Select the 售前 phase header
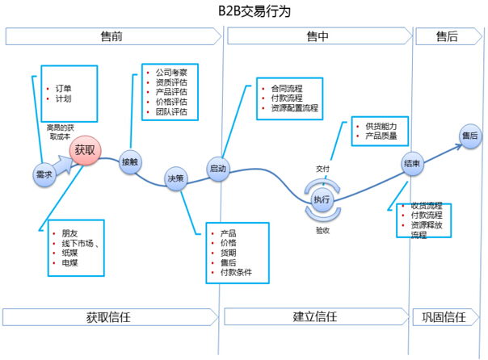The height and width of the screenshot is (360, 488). point(112,37)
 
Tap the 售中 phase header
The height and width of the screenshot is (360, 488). point(318,37)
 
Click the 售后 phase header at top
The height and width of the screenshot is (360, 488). point(447,37)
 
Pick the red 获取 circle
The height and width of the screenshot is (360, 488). point(85,150)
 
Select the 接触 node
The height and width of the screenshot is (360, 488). point(130,161)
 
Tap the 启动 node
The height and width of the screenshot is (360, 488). point(218,169)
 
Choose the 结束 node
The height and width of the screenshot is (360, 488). point(411,165)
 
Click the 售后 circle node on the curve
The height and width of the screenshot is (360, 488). point(469,136)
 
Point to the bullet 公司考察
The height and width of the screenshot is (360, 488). point(170,72)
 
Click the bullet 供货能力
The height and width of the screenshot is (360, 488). point(381,128)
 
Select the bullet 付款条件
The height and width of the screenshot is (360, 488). point(235,273)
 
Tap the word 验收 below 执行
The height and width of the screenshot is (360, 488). point(322,230)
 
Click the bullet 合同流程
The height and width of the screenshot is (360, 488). point(288,87)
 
